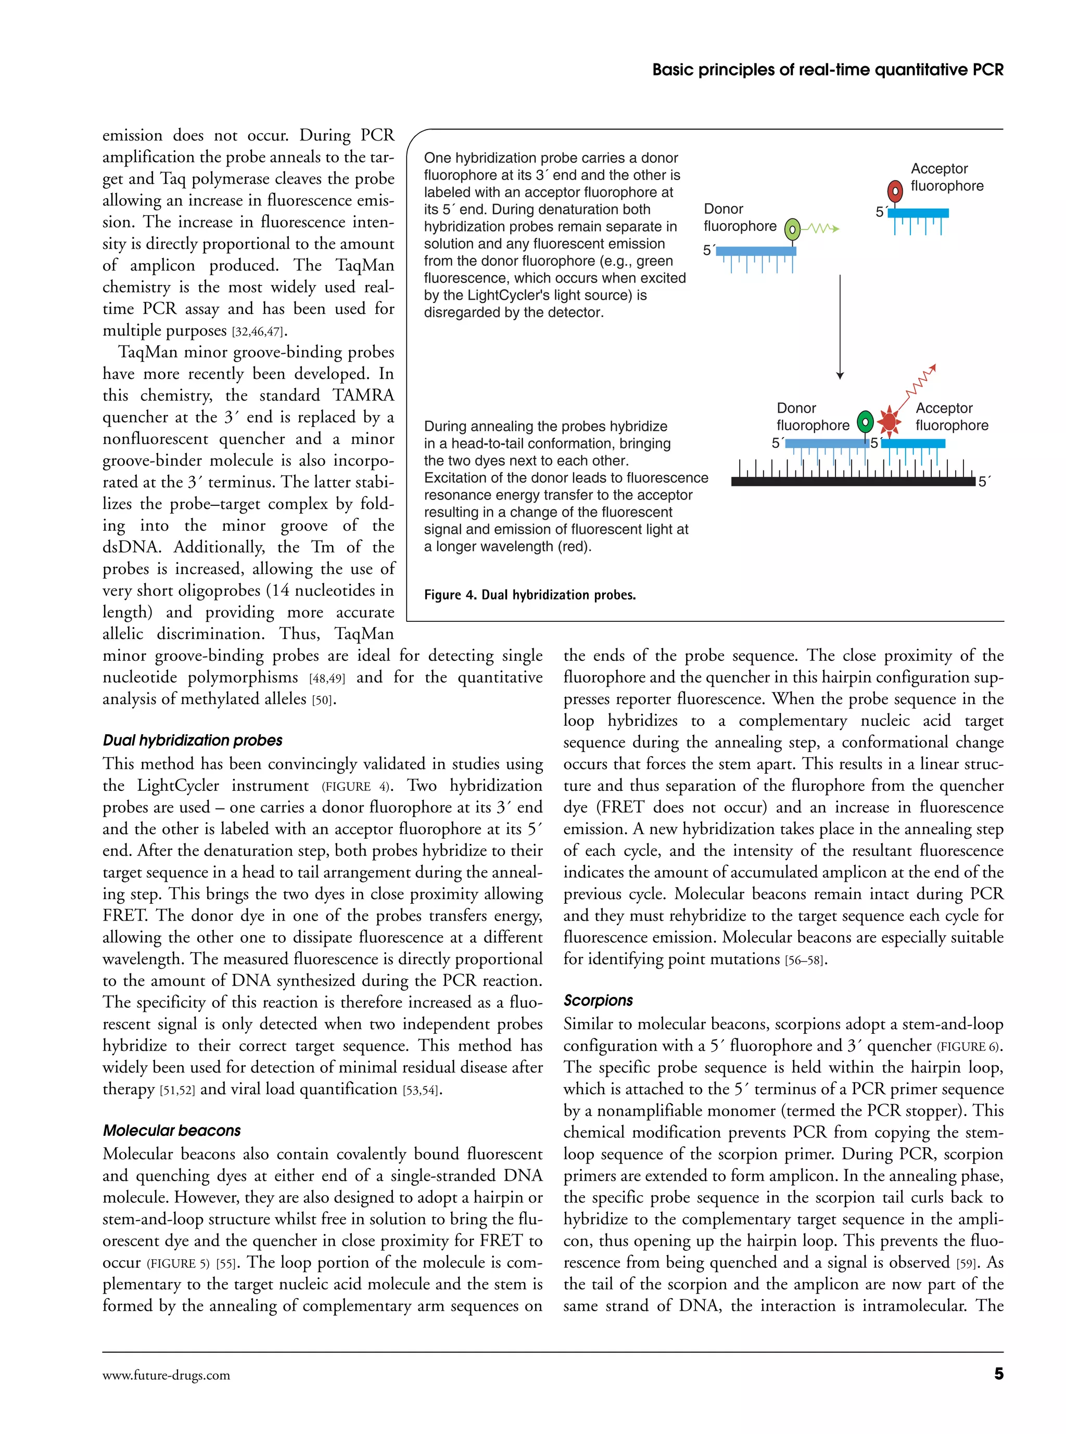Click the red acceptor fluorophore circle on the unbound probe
tap(895, 191)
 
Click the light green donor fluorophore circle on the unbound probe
tap(792, 229)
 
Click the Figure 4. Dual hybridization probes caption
tap(529, 595)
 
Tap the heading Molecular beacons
tap(172, 1130)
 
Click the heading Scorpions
tap(598, 1000)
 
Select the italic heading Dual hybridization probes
tap(192, 740)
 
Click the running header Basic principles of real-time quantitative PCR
tap(827, 70)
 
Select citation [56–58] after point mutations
tap(805, 960)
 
